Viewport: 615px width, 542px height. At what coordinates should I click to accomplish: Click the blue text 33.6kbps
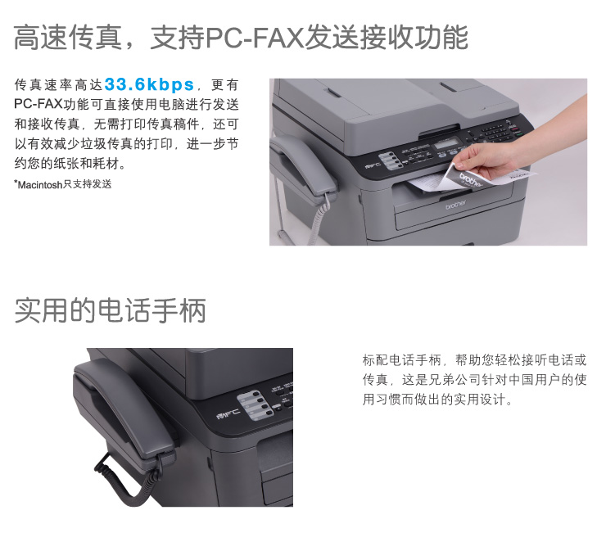click(149, 84)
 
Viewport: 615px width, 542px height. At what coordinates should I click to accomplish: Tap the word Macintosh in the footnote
click(39, 184)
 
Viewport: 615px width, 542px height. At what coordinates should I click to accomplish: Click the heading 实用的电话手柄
click(111, 310)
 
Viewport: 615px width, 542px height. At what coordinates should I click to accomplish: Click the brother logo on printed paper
click(471, 180)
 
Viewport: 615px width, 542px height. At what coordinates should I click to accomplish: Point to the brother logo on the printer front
click(456, 205)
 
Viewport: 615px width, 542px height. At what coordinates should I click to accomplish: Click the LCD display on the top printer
click(446, 143)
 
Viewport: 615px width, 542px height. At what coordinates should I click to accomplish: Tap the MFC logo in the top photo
click(373, 165)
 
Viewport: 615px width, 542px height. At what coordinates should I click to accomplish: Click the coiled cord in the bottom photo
click(125, 481)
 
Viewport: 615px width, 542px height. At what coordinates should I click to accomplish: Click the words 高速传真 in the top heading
click(67, 38)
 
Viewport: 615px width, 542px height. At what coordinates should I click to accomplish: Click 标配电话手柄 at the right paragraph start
click(401, 360)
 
